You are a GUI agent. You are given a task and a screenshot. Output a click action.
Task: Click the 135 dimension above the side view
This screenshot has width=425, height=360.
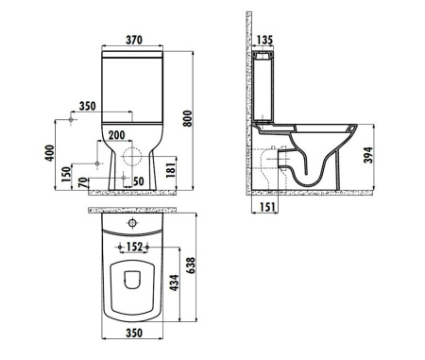(264, 40)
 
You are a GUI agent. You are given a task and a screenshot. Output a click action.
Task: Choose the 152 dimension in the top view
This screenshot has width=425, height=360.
(135, 248)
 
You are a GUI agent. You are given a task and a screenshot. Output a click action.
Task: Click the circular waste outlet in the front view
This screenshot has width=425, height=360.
(132, 155)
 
